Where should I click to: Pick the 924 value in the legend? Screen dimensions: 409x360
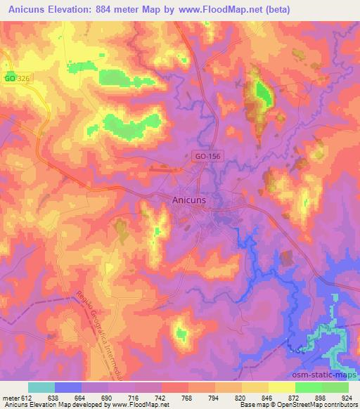(347, 397)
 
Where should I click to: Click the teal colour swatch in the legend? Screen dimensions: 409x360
(41, 387)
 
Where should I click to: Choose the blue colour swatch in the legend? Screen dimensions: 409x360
(68, 387)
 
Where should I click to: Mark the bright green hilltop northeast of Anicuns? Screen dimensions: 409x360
(263, 93)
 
